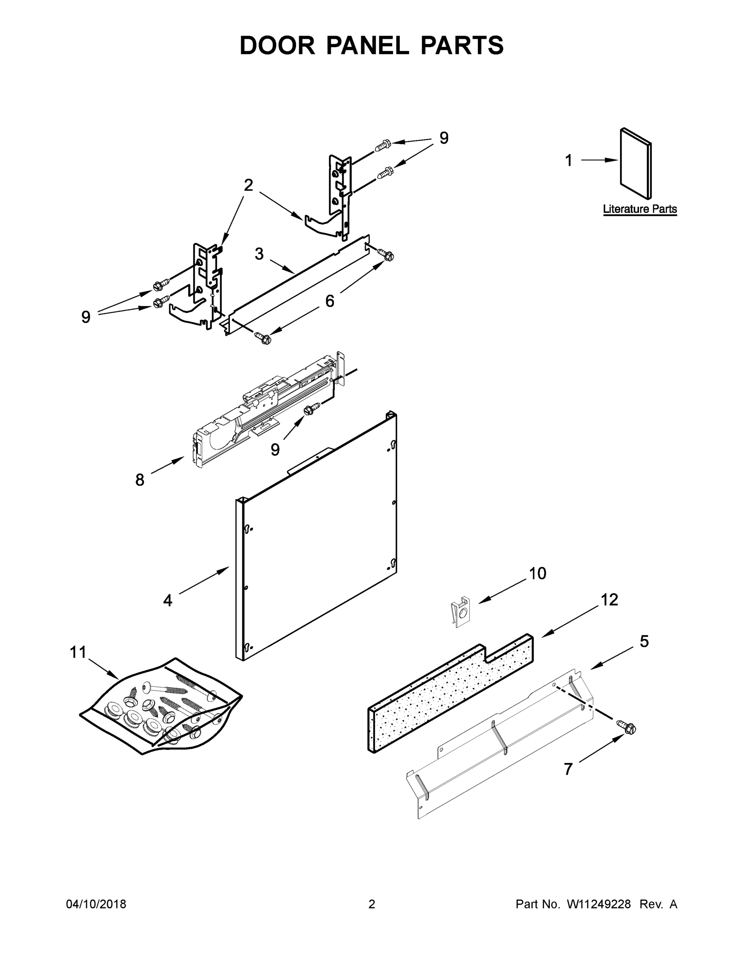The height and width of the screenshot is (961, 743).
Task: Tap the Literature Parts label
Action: click(640, 209)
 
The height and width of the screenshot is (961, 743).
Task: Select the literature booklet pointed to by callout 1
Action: click(636, 163)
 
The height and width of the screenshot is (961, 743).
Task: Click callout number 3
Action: click(259, 254)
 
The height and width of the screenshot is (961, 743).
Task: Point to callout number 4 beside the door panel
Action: click(168, 600)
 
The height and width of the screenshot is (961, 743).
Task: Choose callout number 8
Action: click(139, 480)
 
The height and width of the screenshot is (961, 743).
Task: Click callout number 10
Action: click(538, 573)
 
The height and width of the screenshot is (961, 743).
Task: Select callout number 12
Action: click(609, 600)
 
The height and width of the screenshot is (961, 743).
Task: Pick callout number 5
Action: click(644, 641)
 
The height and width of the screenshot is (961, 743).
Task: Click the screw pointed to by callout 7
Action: click(628, 728)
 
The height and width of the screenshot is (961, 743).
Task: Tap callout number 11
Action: click(79, 652)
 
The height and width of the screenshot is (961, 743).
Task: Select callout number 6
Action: click(330, 301)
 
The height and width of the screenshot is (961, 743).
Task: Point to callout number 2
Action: click(249, 185)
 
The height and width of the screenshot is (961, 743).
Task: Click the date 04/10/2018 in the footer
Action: click(96, 904)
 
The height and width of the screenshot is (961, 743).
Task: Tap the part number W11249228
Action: click(599, 904)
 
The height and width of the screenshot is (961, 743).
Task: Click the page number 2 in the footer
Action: click(372, 904)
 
